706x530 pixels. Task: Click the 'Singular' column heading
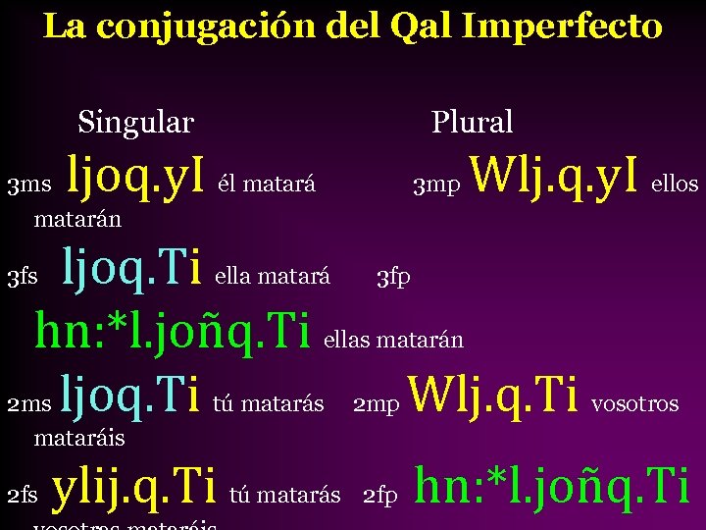pyautogui.click(x=135, y=123)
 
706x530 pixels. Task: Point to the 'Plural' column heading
pyautogui.click(x=472, y=123)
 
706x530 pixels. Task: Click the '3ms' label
pyautogui.click(x=28, y=185)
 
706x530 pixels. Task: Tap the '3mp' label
pyautogui.click(x=435, y=185)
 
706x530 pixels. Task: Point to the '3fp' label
pyautogui.click(x=393, y=278)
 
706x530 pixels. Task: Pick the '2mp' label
pyautogui.click(x=376, y=404)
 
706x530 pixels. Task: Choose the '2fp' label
pyautogui.click(x=379, y=497)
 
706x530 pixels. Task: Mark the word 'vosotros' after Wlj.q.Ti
pyautogui.click(x=635, y=404)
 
